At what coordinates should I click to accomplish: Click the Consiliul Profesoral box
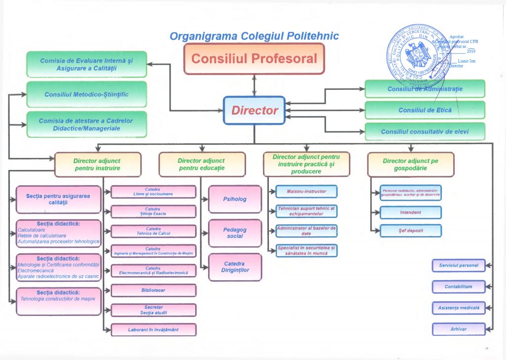click(254, 59)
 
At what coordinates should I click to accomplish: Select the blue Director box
click(254, 111)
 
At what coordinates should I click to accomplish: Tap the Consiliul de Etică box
click(424, 110)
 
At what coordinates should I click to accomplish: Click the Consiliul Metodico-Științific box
click(86, 94)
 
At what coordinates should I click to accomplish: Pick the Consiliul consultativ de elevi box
click(424, 132)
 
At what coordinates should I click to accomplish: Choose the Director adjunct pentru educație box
click(202, 164)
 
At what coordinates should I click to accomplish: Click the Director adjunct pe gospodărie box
click(410, 164)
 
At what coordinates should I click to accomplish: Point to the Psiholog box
click(235, 199)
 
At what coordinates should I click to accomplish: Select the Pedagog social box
click(235, 233)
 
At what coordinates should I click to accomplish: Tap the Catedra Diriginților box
click(235, 267)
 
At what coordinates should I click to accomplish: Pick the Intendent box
click(411, 212)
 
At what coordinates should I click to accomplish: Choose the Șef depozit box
click(411, 231)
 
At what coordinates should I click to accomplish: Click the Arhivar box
click(459, 329)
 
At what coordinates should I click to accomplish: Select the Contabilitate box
click(459, 286)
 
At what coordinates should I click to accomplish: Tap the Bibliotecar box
click(153, 290)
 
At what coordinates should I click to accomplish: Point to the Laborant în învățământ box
click(153, 329)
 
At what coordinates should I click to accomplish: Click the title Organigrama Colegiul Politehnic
click(254, 37)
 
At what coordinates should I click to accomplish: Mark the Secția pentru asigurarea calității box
click(58, 199)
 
